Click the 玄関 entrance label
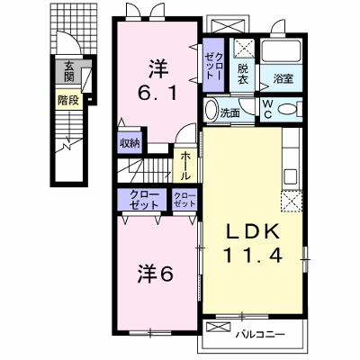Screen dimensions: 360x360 68,72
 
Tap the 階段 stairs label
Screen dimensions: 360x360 68,100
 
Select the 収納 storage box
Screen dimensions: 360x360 130,142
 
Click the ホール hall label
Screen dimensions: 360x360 185,166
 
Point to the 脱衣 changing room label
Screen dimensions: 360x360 243,74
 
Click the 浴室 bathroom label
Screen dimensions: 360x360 283,78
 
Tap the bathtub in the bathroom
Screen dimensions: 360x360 281,50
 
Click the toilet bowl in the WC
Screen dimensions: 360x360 287,109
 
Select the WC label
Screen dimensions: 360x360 267,109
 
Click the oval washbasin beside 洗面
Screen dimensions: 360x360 211,110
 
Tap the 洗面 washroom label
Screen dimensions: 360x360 229,112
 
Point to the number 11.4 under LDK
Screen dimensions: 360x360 252,256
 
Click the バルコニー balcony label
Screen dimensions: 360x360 260,334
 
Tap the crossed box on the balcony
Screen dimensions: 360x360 219,327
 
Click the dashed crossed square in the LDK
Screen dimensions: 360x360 292,202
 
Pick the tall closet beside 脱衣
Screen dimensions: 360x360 213,65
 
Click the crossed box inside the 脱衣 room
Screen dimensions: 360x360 243,48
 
